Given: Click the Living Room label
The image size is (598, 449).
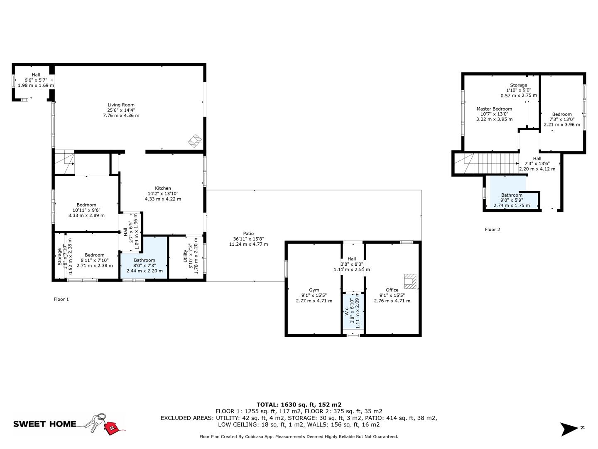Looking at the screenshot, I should coord(121,105).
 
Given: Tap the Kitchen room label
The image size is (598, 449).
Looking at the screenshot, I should coord(163,188).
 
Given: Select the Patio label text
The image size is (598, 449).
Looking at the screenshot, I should coord(248,234).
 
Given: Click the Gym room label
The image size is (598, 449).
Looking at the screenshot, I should coord(314,290).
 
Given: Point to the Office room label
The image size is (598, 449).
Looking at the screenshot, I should coord(392,290).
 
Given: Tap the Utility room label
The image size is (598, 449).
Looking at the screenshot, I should coord(186,259).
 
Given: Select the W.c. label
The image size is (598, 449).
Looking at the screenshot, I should coord(347,311).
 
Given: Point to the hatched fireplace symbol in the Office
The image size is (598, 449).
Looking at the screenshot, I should coord(410,281).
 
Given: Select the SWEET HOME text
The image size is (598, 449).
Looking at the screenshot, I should coord(45,424).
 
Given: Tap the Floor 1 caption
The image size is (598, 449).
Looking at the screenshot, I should coord(61,299).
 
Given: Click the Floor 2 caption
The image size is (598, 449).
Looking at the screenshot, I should coord(493,229).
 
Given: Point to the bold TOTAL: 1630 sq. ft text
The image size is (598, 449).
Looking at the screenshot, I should coord(299,404).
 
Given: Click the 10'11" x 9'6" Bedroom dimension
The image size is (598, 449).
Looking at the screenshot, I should coord(86,210).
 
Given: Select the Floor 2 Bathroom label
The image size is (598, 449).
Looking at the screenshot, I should coord(512,195).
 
